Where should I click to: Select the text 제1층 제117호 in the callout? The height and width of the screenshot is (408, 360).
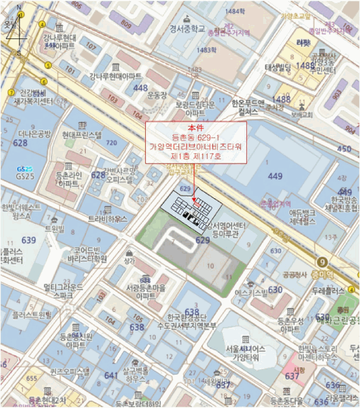tap(195, 156)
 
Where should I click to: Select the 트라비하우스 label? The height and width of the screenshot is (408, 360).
tap(107, 219)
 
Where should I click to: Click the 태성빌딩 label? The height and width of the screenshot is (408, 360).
tap(278, 68)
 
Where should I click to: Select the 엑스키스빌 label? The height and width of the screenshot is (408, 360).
tap(250, 293)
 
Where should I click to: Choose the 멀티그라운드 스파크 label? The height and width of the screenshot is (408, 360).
tap(60, 291)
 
